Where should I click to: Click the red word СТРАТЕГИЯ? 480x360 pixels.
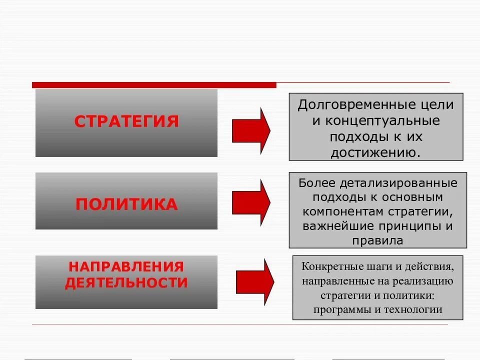tap(126, 121)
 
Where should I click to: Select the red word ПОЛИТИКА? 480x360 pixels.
tap(126, 204)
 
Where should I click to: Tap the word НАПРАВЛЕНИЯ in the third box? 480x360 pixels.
tap(126, 267)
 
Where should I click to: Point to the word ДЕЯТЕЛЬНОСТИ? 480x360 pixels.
tap(126, 283)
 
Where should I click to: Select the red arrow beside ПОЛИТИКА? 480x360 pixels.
tap(251, 202)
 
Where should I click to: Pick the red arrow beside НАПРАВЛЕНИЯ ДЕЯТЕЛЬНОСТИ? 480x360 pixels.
tap(254, 282)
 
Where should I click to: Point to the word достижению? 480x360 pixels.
tap(375, 152)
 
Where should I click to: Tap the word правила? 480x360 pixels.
tap(377, 240)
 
